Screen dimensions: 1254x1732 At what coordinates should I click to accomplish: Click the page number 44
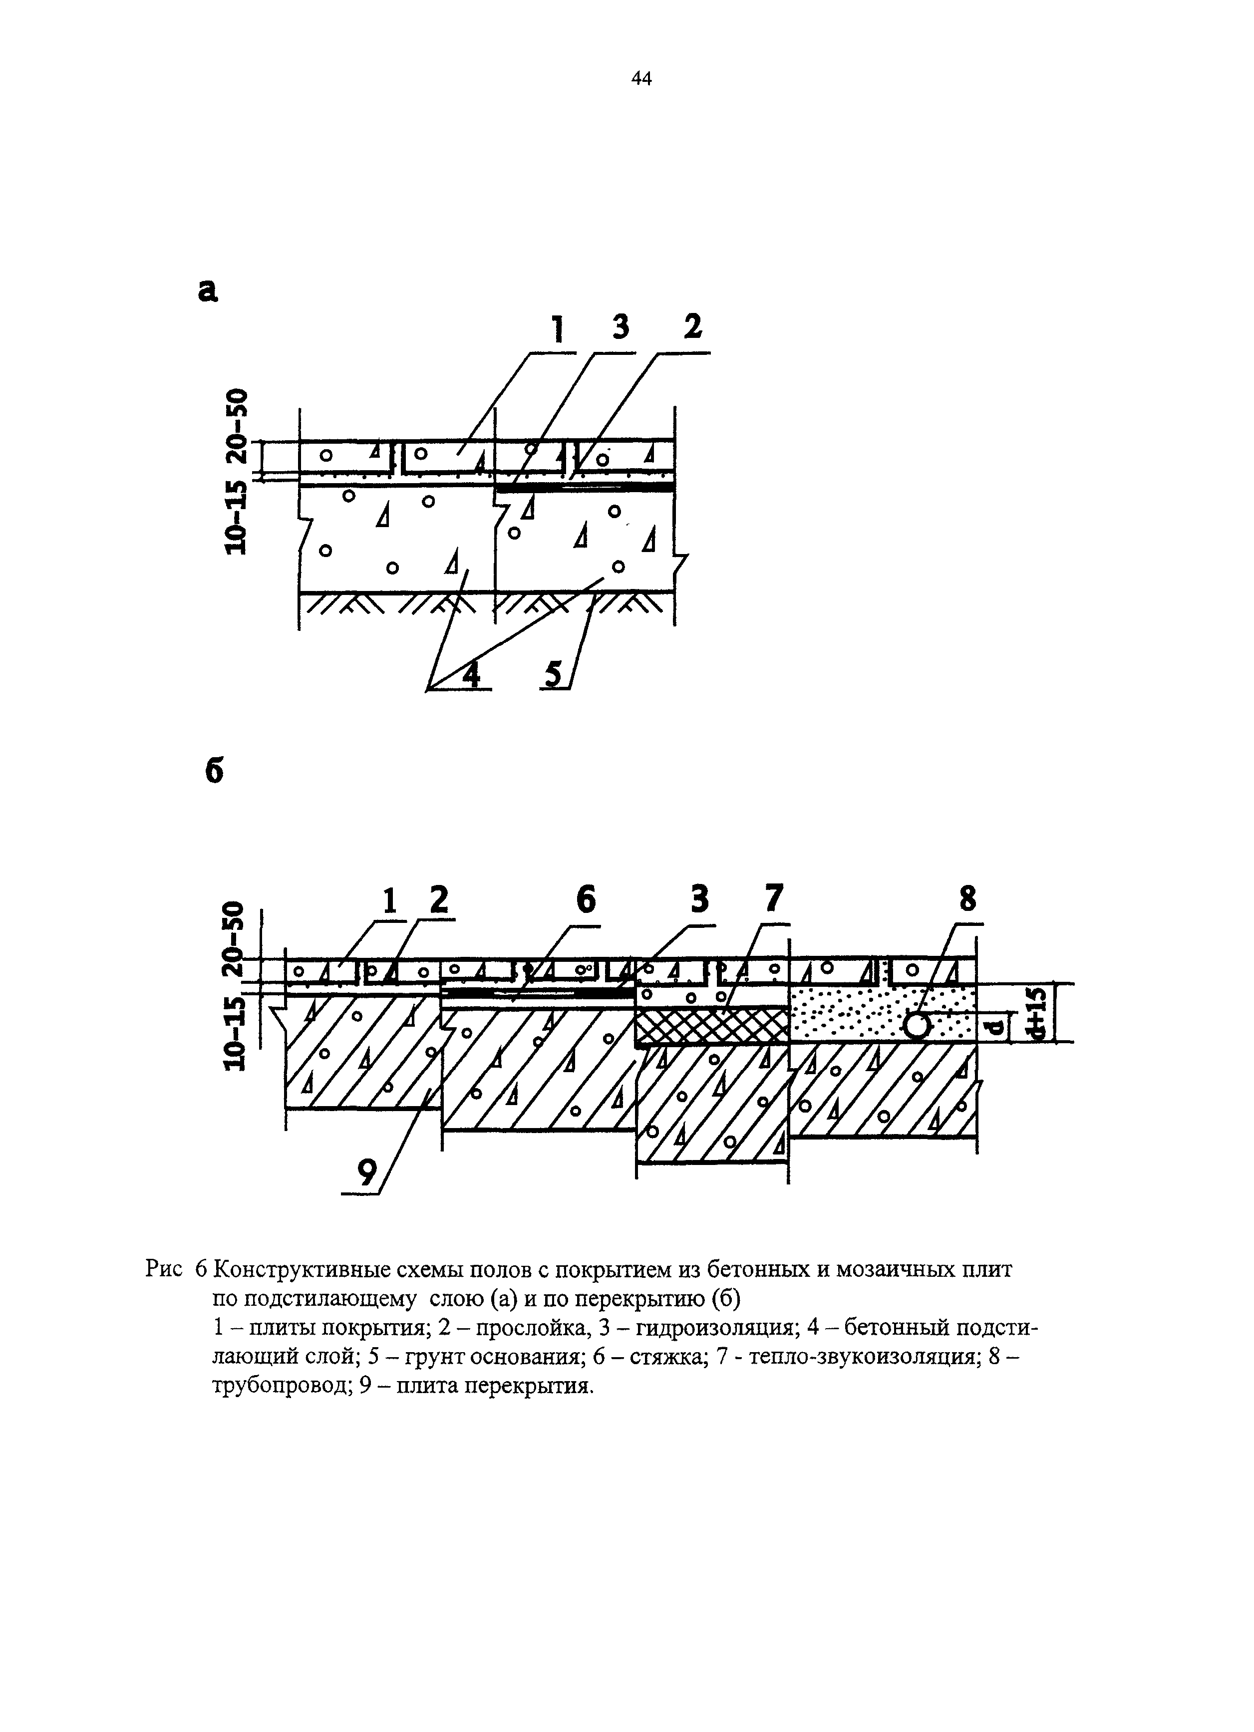(x=641, y=79)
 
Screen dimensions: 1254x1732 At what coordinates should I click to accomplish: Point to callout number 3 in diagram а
(x=621, y=327)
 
